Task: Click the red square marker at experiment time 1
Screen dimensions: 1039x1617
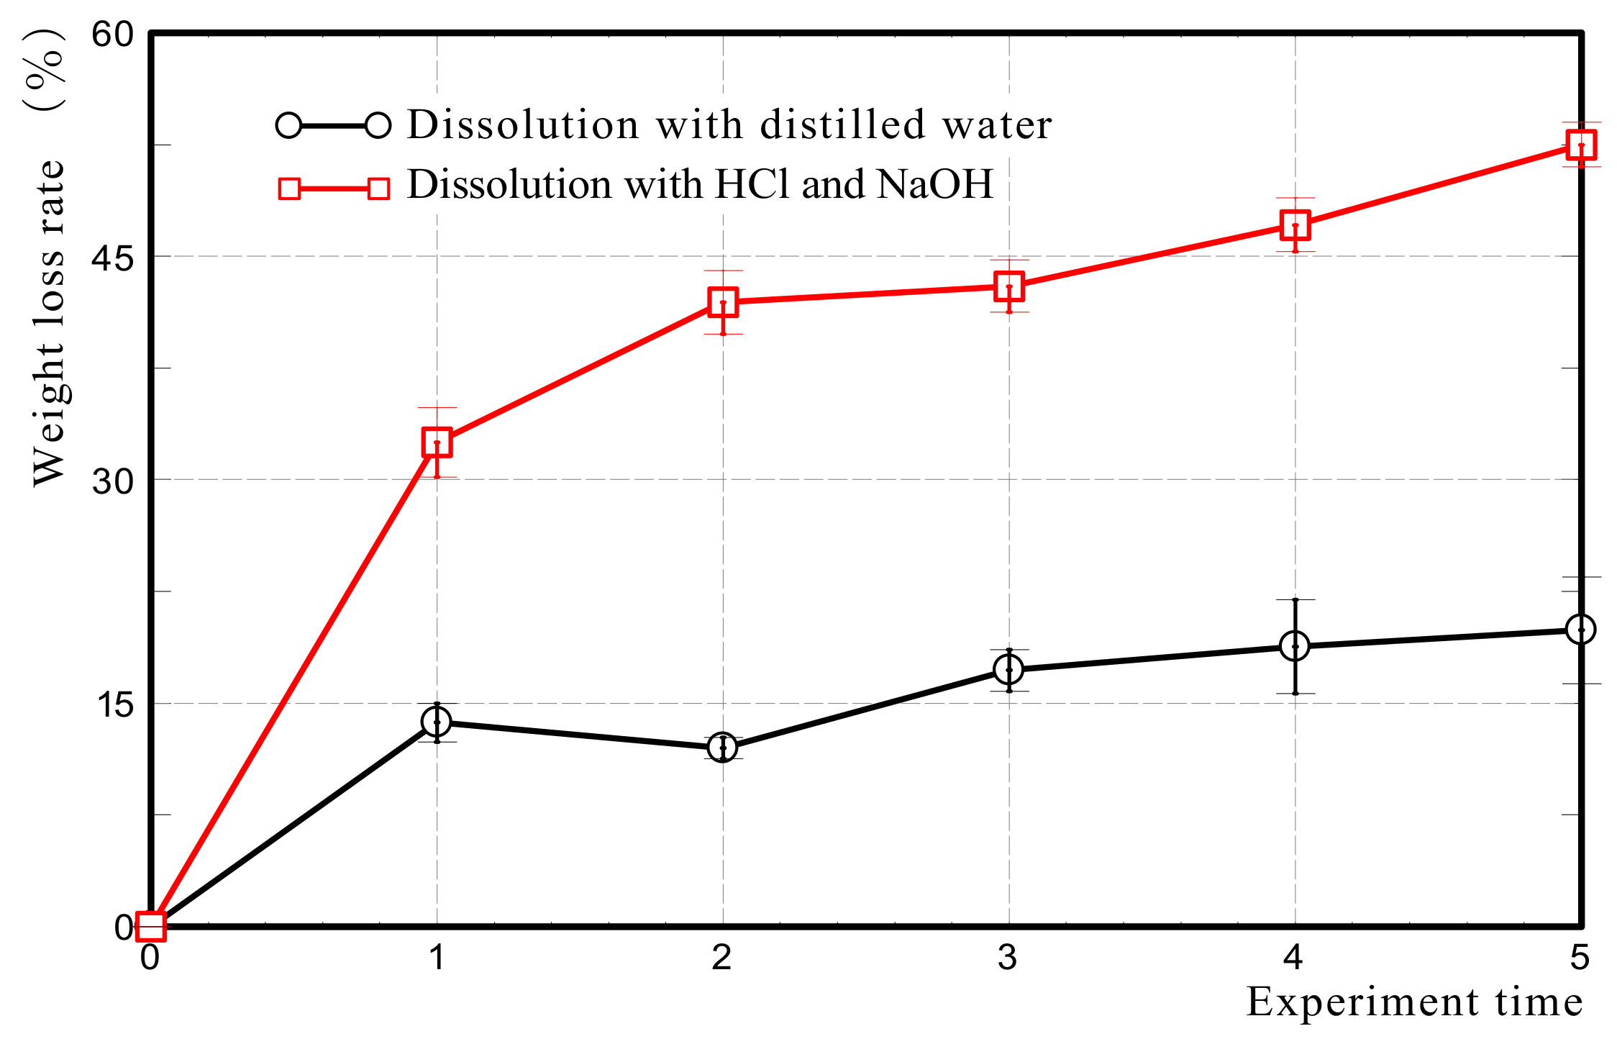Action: pos(437,442)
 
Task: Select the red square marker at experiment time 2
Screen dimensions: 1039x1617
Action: pos(722,302)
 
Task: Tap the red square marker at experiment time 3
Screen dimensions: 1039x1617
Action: pos(1008,286)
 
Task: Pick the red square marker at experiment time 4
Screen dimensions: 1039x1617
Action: pos(1295,225)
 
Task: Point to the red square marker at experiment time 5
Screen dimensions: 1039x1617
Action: pos(1580,145)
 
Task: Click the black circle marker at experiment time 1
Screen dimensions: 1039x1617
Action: pos(437,721)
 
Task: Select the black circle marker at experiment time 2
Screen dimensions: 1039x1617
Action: pos(722,748)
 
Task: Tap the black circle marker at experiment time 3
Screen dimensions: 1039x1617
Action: pos(1008,669)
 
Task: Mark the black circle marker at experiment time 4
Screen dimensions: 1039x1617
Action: pos(1295,646)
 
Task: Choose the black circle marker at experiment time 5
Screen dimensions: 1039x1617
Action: pos(1580,630)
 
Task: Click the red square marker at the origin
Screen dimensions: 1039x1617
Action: pos(151,926)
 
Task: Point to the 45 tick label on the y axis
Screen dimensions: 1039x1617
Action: pos(113,258)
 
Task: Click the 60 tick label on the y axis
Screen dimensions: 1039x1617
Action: pos(113,34)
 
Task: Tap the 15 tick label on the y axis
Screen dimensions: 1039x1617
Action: pos(113,704)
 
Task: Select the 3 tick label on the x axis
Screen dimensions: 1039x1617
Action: pos(1007,958)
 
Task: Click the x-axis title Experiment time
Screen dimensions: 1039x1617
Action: pos(1414,1002)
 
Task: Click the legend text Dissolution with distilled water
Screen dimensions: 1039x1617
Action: pos(729,124)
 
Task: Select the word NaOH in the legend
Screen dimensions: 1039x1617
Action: pos(935,184)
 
